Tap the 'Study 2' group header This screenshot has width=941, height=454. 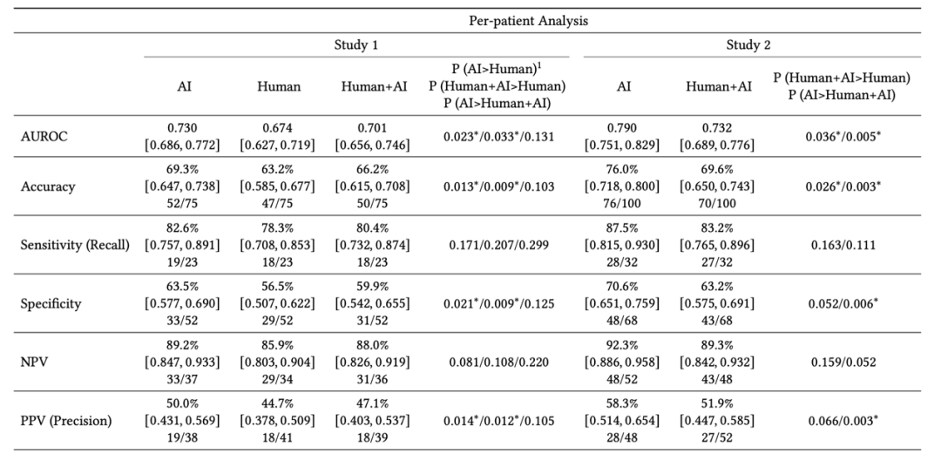pos(748,44)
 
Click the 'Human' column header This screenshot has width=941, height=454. pos(279,87)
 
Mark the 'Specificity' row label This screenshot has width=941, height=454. pos(51,303)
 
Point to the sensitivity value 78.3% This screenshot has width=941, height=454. pos(279,228)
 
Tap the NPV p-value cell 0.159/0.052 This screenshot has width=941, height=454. pos(842,362)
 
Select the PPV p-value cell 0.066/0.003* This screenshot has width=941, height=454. pos(842,421)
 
